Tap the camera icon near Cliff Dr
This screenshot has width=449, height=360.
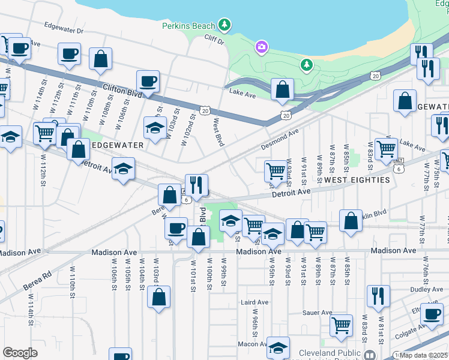click(x=261, y=46)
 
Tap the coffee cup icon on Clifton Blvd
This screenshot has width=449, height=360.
click(x=148, y=81)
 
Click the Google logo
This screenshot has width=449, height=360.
click(x=20, y=353)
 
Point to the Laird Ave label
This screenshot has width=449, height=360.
click(x=253, y=302)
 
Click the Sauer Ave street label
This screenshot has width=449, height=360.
click(x=318, y=313)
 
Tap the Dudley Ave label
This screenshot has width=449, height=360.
click(x=427, y=289)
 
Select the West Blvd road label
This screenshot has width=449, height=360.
click(x=219, y=132)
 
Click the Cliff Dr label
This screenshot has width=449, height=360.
click(x=213, y=41)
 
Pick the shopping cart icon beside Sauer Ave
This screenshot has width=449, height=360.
click(x=341, y=325)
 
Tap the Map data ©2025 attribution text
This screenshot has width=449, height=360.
click(x=423, y=355)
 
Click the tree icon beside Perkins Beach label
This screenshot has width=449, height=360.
click(x=224, y=25)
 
